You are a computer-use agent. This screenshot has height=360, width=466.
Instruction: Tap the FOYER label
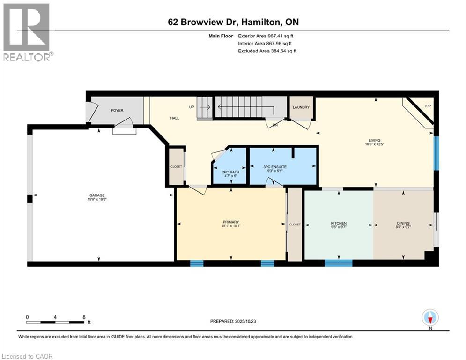point(117,111)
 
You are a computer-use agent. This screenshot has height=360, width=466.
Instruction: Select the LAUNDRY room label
point(301,107)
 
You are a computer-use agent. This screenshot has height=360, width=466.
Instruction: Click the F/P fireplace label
point(428,106)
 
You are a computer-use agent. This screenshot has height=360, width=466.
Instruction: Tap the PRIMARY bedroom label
point(231,222)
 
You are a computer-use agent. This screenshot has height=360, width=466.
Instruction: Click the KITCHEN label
point(338,223)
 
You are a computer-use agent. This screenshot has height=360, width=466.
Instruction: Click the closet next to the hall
point(176,166)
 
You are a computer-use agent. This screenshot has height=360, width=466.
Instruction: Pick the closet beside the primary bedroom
point(295,225)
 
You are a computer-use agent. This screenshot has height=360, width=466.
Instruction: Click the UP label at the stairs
point(191,107)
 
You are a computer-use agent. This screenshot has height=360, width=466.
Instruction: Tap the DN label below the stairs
point(275,125)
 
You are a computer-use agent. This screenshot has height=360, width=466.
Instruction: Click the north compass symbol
point(430,318)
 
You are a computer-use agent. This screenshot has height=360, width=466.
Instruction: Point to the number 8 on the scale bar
point(84,317)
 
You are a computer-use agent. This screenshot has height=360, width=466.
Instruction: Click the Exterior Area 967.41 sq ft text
point(266,36)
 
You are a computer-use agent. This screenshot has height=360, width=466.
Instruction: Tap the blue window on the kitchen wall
point(338,263)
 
